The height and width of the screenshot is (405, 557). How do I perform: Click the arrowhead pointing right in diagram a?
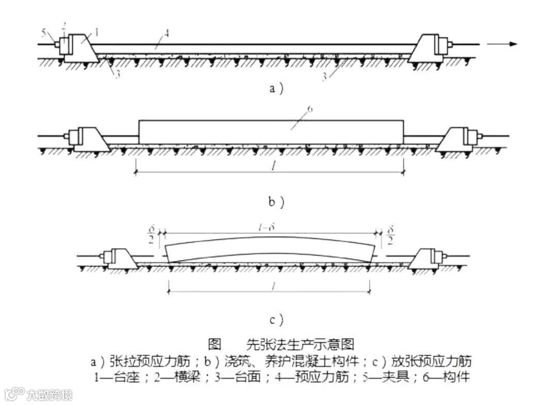(x=512, y=44)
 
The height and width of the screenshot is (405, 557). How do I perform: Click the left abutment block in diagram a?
(x=81, y=50)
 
